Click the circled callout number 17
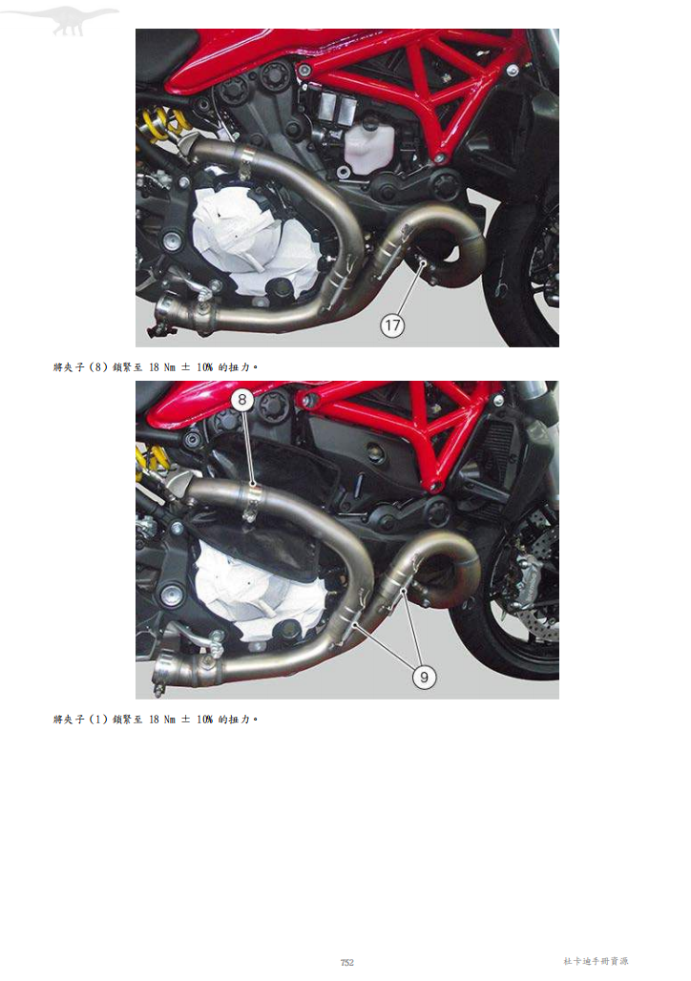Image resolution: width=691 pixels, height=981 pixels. click(x=392, y=325)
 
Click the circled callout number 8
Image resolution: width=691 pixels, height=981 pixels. click(x=242, y=400)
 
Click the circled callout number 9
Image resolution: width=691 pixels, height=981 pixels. click(x=425, y=677)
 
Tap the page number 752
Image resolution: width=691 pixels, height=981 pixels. click(x=346, y=962)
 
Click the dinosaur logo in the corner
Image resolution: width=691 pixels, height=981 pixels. click(x=69, y=19)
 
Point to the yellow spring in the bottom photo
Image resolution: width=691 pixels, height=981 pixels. click(x=150, y=460)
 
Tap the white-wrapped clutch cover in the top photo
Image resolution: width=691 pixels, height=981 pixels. click(x=250, y=244)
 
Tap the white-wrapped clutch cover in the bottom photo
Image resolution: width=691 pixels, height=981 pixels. click(x=254, y=595)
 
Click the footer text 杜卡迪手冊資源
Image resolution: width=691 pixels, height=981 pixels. click(x=596, y=961)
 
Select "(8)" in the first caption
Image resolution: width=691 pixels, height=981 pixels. click(x=99, y=367)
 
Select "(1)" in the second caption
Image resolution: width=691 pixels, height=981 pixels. click(x=99, y=720)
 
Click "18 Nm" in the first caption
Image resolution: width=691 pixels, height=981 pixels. click(x=162, y=367)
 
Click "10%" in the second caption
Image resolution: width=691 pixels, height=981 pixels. click(x=204, y=720)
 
